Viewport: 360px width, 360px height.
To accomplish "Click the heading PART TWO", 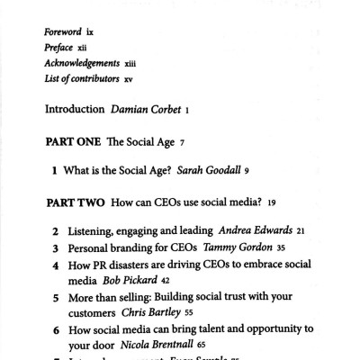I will point(74,202).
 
